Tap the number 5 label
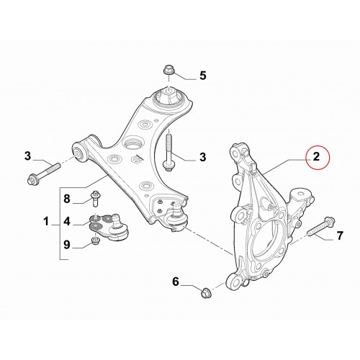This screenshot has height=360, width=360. point(203,76)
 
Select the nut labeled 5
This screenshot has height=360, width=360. point(168,70)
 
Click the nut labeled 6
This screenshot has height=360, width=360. point(206,292)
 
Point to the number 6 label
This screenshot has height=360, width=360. point(176,282)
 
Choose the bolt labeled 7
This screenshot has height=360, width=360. point(321,228)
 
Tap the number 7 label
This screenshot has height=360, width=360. point(340,235)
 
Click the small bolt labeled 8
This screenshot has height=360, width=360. point(96,198)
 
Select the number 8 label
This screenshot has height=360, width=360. point(67,199)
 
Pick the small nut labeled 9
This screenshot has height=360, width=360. point(96,240)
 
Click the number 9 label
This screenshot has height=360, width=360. point(67,245)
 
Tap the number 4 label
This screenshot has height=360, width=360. point(67,221)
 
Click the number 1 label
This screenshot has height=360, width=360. point(46,221)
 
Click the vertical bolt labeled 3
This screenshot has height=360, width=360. point(168,150)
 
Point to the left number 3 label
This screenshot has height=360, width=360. point(27,156)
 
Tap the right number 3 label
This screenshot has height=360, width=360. point(203,157)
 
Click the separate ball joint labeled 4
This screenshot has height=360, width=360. point(109,226)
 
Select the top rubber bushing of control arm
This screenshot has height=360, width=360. point(169,97)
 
